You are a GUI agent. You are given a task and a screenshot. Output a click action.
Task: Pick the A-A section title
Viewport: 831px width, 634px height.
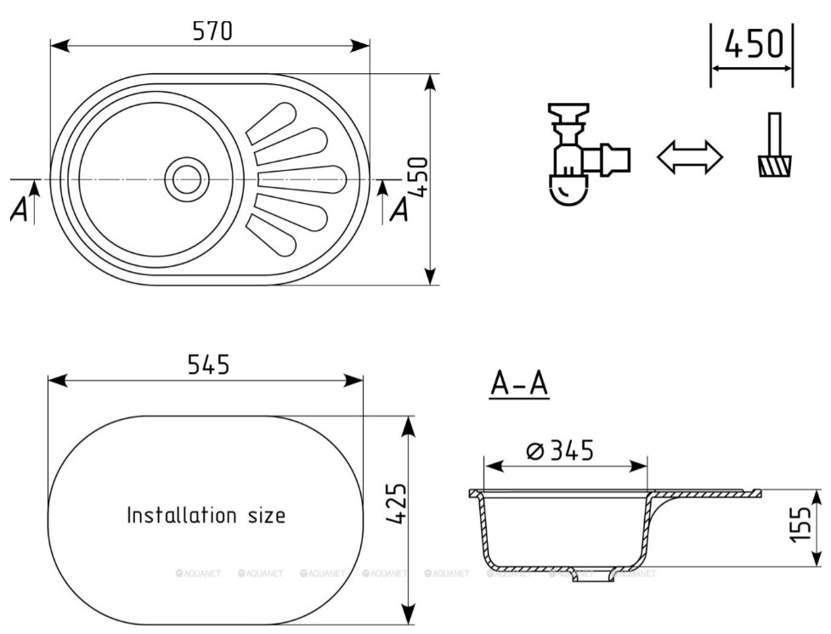click(x=518, y=384)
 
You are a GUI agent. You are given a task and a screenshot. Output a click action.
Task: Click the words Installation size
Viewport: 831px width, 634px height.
click(x=206, y=515)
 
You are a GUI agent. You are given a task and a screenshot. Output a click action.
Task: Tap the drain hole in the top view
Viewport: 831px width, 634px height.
click(x=186, y=179)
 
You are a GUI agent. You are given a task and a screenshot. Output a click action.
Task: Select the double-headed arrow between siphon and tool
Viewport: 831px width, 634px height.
click(x=690, y=157)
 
